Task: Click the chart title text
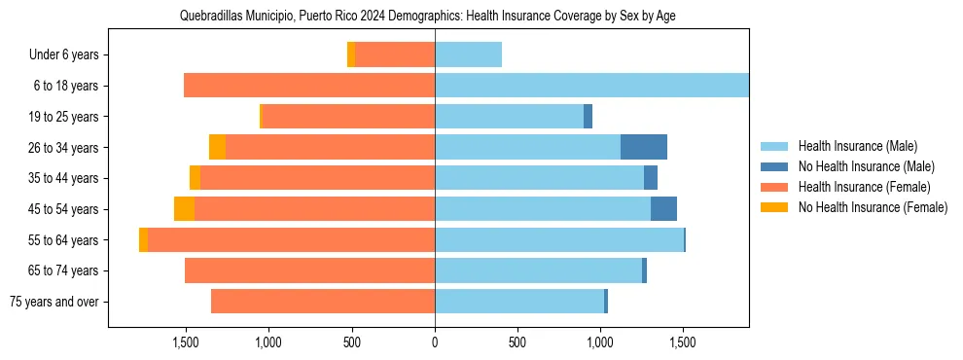[428, 16]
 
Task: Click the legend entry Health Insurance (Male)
[857, 146]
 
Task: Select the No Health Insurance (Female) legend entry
[873, 207]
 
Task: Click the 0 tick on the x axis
[435, 342]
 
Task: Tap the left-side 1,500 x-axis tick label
[186, 342]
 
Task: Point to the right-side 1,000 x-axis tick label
[600, 342]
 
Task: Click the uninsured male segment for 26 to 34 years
[644, 147]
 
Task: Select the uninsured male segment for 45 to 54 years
[663, 209]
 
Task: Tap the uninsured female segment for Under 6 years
[351, 55]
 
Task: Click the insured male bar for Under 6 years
[468, 55]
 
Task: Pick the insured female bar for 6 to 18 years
[309, 86]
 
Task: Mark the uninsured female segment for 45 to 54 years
[184, 209]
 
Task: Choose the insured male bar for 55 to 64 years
[559, 240]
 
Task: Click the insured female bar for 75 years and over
[323, 302]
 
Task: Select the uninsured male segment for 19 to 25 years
[588, 117]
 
